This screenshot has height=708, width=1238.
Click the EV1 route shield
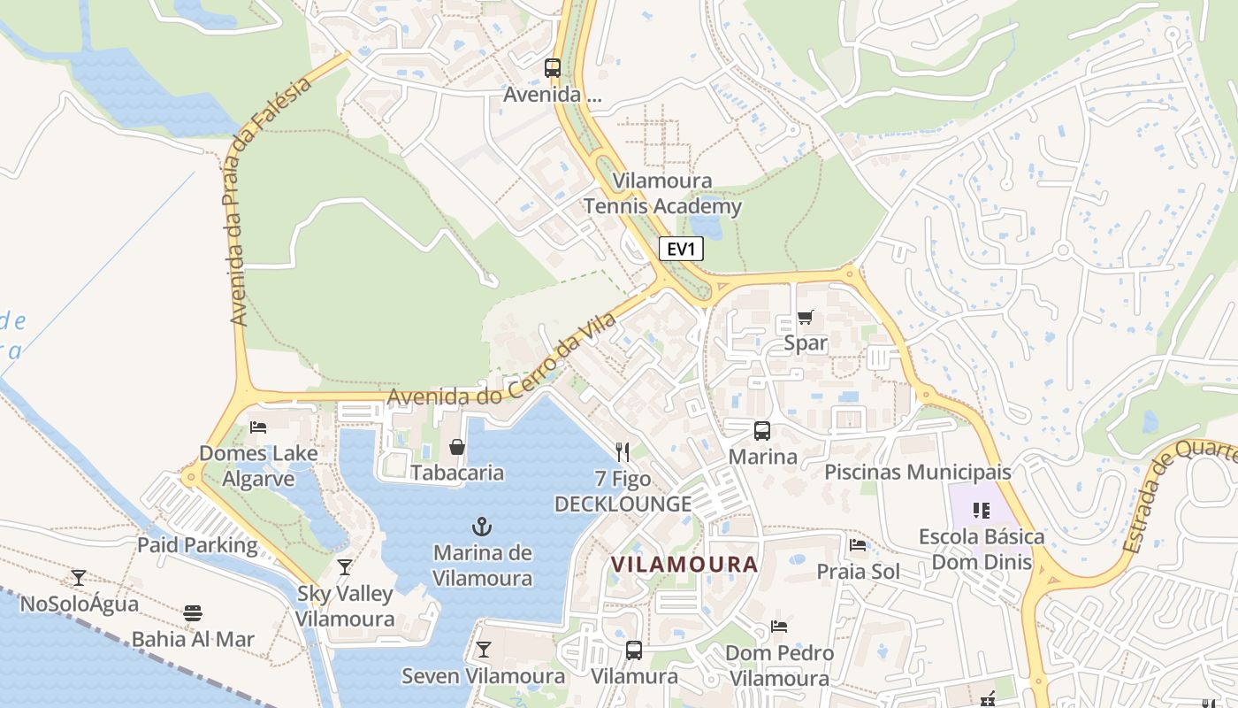coord(681,249)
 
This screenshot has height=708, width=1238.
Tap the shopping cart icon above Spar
coord(805,317)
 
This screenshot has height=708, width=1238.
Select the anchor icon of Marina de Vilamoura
coord(482,527)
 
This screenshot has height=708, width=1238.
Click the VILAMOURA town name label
coord(685,564)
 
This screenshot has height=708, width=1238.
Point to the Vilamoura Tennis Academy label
coord(662,194)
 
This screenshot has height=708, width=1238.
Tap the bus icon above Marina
coord(761,431)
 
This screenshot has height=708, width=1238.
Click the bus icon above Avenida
coord(553,67)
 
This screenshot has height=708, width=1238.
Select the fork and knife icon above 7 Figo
coord(623,452)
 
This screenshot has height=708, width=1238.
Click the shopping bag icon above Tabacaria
coord(457,447)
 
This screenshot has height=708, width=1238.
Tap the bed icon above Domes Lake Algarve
coord(258,427)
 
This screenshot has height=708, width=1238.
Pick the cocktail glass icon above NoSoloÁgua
coord(79,578)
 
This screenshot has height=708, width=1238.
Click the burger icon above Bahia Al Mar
coord(193,612)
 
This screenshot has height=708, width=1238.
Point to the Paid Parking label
coord(197,545)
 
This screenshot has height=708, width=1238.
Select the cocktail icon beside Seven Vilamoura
coord(483,650)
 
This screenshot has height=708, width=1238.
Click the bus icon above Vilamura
coord(634,650)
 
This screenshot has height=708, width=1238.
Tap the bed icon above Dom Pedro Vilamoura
coord(779,627)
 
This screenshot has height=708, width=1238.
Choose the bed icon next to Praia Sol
coord(857,545)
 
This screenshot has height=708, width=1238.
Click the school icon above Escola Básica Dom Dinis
coord(981,511)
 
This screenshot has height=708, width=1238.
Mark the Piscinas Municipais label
coord(918,472)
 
